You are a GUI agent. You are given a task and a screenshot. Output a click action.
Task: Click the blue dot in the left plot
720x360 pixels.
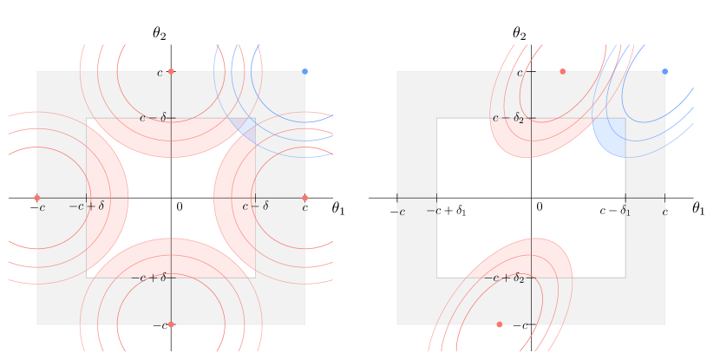(x=304, y=71)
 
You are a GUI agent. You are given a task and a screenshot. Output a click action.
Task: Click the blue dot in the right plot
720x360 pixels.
(x=664, y=71)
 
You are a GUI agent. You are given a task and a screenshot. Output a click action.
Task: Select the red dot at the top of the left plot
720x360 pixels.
(x=171, y=71)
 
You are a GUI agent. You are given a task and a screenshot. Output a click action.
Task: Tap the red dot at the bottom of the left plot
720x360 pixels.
(x=171, y=324)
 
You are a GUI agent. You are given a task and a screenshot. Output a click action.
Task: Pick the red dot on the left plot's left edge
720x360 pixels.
(x=36, y=198)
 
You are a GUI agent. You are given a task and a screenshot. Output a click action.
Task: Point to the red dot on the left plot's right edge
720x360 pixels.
(x=304, y=198)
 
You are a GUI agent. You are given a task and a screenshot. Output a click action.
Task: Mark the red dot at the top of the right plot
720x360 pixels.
(x=562, y=71)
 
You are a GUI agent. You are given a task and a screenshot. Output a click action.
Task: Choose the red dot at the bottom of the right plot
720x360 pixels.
(x=499, y=324)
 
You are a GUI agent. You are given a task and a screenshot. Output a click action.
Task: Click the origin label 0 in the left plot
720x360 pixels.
(x=180, y=207)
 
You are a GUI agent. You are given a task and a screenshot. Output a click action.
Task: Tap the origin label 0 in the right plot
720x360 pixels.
(x=539, y=207)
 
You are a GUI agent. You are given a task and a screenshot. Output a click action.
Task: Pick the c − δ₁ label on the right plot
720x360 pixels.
(x=615, y=211)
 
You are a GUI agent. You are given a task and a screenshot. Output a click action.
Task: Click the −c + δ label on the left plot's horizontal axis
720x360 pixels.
(x=86, y=206)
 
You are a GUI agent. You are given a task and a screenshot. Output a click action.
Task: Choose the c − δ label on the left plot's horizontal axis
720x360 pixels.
(x=255, y=206)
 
